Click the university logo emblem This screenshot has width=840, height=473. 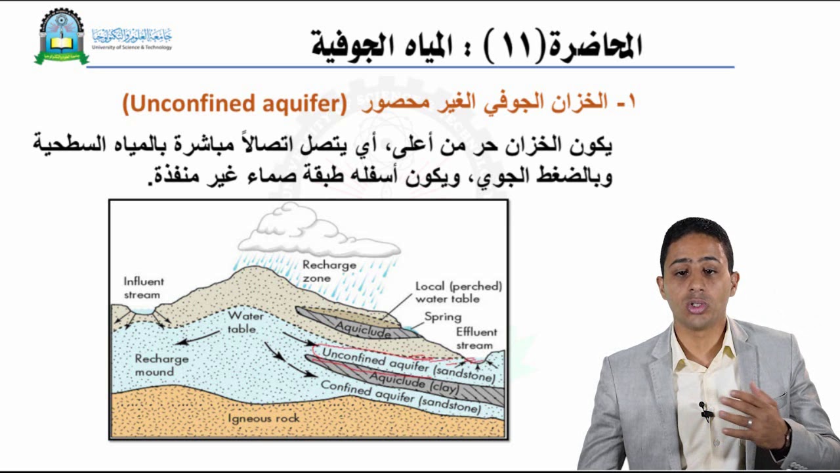61,37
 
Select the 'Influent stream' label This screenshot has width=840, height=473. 143,288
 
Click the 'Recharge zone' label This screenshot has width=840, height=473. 329,271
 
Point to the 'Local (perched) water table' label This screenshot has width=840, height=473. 458,292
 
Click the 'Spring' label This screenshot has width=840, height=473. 442,317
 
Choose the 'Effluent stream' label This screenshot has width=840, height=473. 476,338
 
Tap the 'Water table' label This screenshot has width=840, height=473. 245,321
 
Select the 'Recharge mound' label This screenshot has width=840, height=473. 161,365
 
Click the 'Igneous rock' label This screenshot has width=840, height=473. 263,418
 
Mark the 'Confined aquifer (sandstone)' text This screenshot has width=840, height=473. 400,397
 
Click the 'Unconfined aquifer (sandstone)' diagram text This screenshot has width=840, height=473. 408,365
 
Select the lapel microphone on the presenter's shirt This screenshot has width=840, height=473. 705,412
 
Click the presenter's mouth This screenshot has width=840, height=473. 697,305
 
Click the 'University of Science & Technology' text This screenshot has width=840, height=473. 132,47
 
